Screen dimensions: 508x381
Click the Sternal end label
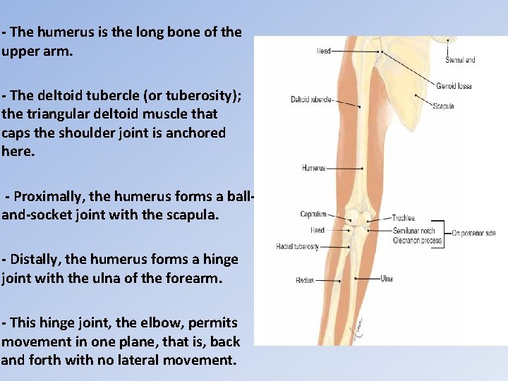(x=460, y=60)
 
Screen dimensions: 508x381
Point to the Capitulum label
(x=313, y=214)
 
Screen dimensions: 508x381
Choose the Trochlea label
(x=404, y=218)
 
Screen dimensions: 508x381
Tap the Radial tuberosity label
(x=297, y=247)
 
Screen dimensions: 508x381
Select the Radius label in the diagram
(x=305, y=280)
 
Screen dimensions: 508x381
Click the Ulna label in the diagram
(x=387, y=278)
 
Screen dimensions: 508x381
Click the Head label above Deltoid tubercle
(x=324, y=51)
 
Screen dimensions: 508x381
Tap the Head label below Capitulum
(x=317, y=230)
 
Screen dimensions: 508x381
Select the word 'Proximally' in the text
(x=49, y=195)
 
